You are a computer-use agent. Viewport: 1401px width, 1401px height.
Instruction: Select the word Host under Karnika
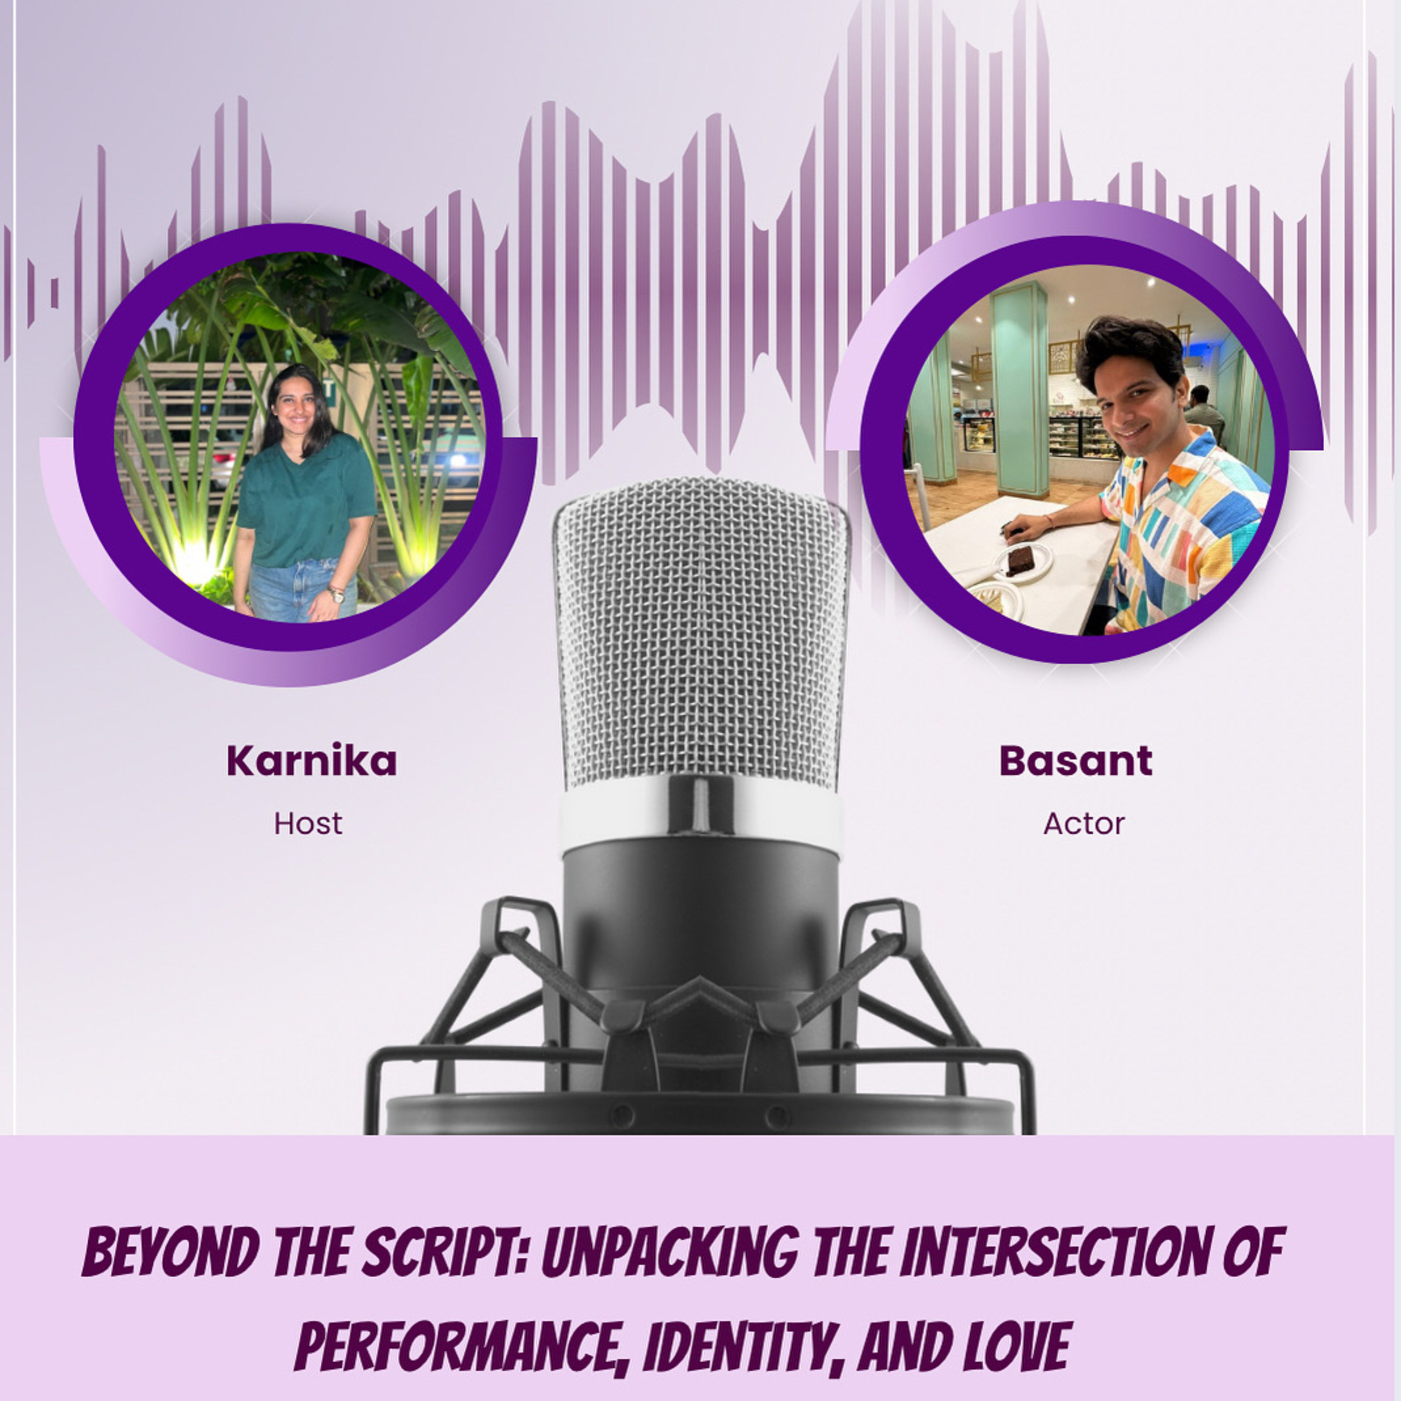point(308,824)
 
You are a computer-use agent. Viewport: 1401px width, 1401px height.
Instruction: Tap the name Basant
point(1076,761)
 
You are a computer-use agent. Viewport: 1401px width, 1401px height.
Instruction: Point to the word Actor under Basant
point(1083,824)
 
